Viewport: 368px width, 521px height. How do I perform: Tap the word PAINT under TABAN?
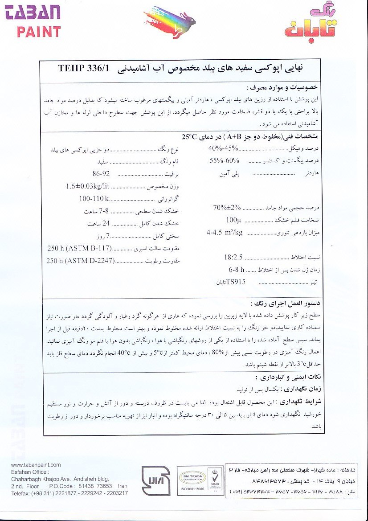tap(39, 32)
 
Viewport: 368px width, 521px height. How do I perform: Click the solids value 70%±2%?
tap(227, 207)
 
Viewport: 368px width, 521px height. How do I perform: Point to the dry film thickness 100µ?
tap(233, 220)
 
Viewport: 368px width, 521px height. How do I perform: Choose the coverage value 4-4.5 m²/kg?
tap(225, 233)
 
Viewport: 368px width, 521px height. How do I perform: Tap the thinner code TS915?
tap(236, 282)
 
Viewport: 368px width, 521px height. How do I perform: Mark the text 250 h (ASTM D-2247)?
tap(80, 261)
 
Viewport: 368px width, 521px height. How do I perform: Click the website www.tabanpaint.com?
tap(36, 465)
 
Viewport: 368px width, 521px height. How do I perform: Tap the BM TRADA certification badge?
tap(192, 478)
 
